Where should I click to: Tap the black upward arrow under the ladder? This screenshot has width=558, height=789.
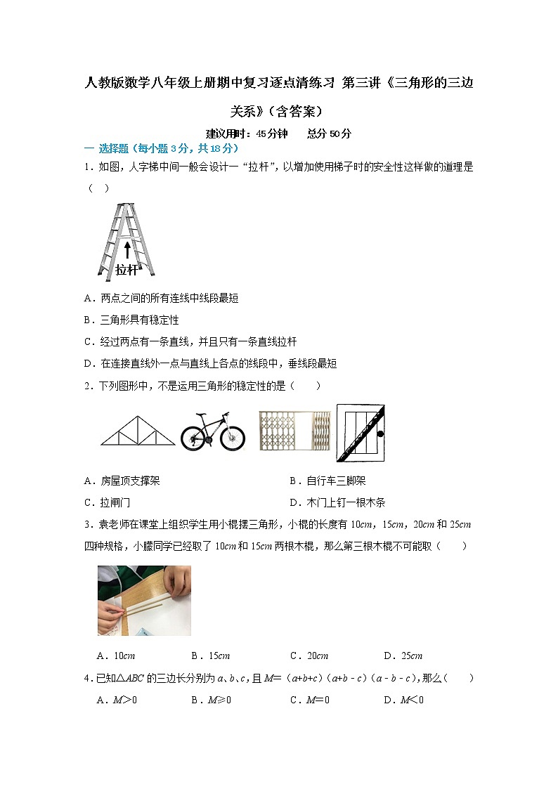coord(127,251)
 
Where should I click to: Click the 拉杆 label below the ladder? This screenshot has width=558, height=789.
coord(127,270)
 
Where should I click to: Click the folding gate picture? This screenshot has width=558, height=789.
coord(294,431)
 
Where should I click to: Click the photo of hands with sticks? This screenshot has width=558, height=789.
coord(144,601)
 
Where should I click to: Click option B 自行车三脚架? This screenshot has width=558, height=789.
coord(327,481)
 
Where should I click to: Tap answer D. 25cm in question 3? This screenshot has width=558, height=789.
coord(403,656)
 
